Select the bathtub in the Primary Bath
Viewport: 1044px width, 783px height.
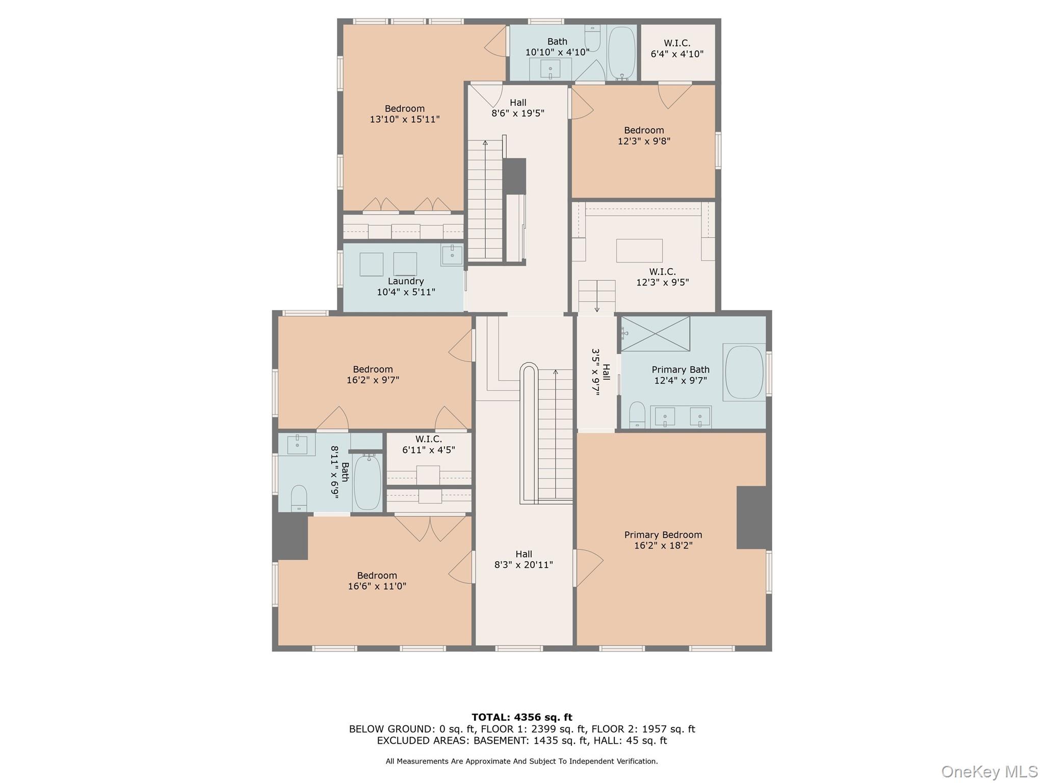(744, 373)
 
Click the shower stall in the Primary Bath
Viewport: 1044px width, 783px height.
(655, 333)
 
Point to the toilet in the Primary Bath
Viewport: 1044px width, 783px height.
(637, 415)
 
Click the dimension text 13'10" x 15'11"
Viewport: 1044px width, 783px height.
(405, 119)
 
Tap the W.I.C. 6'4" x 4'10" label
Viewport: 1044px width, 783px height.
(677, 48)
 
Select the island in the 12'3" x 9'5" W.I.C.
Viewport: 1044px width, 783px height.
(639, 250)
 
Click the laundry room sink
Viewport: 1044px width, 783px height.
(452, 254)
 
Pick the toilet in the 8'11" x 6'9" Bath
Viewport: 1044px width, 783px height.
(299, 498)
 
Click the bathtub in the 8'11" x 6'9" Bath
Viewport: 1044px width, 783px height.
(367, 482)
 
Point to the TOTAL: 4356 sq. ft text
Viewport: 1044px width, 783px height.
(522, 717)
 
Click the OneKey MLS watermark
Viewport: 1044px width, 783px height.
(989, 771)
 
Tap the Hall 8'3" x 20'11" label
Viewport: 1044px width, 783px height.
(524, 559)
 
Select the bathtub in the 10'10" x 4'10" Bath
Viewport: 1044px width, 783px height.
(622, 53)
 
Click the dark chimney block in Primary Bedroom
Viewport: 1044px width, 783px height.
(751, 517)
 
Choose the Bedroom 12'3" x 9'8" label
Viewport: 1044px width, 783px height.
(644, 136)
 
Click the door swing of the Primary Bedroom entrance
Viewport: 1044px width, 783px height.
(589, 567)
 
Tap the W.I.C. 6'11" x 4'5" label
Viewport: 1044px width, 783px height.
(429, 445)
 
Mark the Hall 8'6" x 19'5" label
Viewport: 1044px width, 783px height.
(518, 108)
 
